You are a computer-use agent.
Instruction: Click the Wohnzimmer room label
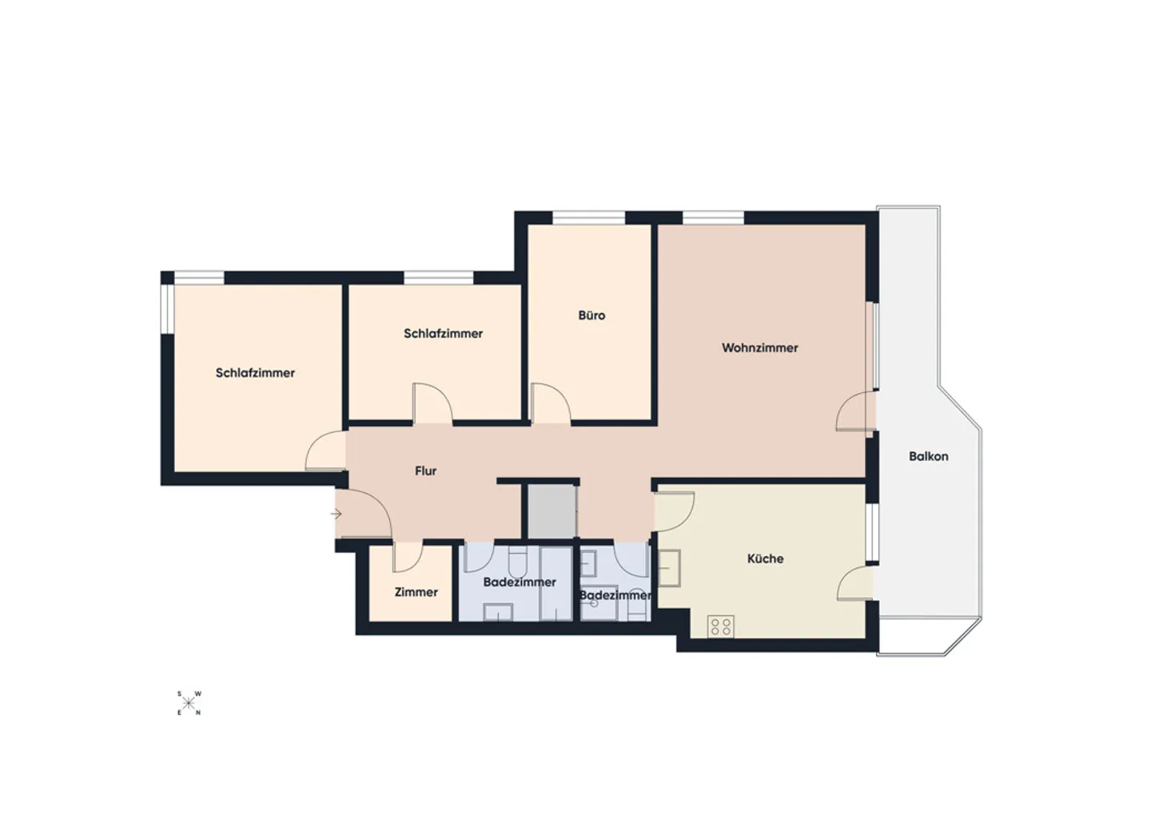point(759,348)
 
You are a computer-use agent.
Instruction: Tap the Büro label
point(591,316)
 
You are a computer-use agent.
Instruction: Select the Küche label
point(765,559)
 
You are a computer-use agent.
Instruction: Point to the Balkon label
point(928,456)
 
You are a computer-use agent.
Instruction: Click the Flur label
point(425,471)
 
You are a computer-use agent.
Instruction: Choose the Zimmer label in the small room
point(416,592)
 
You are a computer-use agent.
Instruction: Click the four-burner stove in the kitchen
point(720,626)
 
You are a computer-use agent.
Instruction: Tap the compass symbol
point(189,703)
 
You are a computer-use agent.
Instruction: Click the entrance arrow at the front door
point(337,514)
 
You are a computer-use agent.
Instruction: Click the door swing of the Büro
point(550,402)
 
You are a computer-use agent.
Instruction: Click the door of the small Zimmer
point(407,558)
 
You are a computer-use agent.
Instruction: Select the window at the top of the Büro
point(588,217)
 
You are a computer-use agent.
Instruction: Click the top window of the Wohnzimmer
point(713,217)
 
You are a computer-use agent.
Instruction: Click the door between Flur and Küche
point(673,511)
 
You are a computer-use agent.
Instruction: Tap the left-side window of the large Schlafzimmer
point(168,308)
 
